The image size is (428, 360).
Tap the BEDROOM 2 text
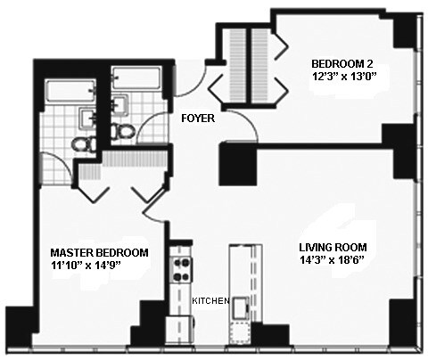click(342, 63)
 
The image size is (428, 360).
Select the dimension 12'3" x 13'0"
click(342, 77)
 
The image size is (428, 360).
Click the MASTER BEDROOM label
click(99, 252)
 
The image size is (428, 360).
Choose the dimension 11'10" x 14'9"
click(99, 266)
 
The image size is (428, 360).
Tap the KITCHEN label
click(210, 300)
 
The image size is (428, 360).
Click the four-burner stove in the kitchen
click(180, 268)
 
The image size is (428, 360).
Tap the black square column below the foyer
click(236, 162)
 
